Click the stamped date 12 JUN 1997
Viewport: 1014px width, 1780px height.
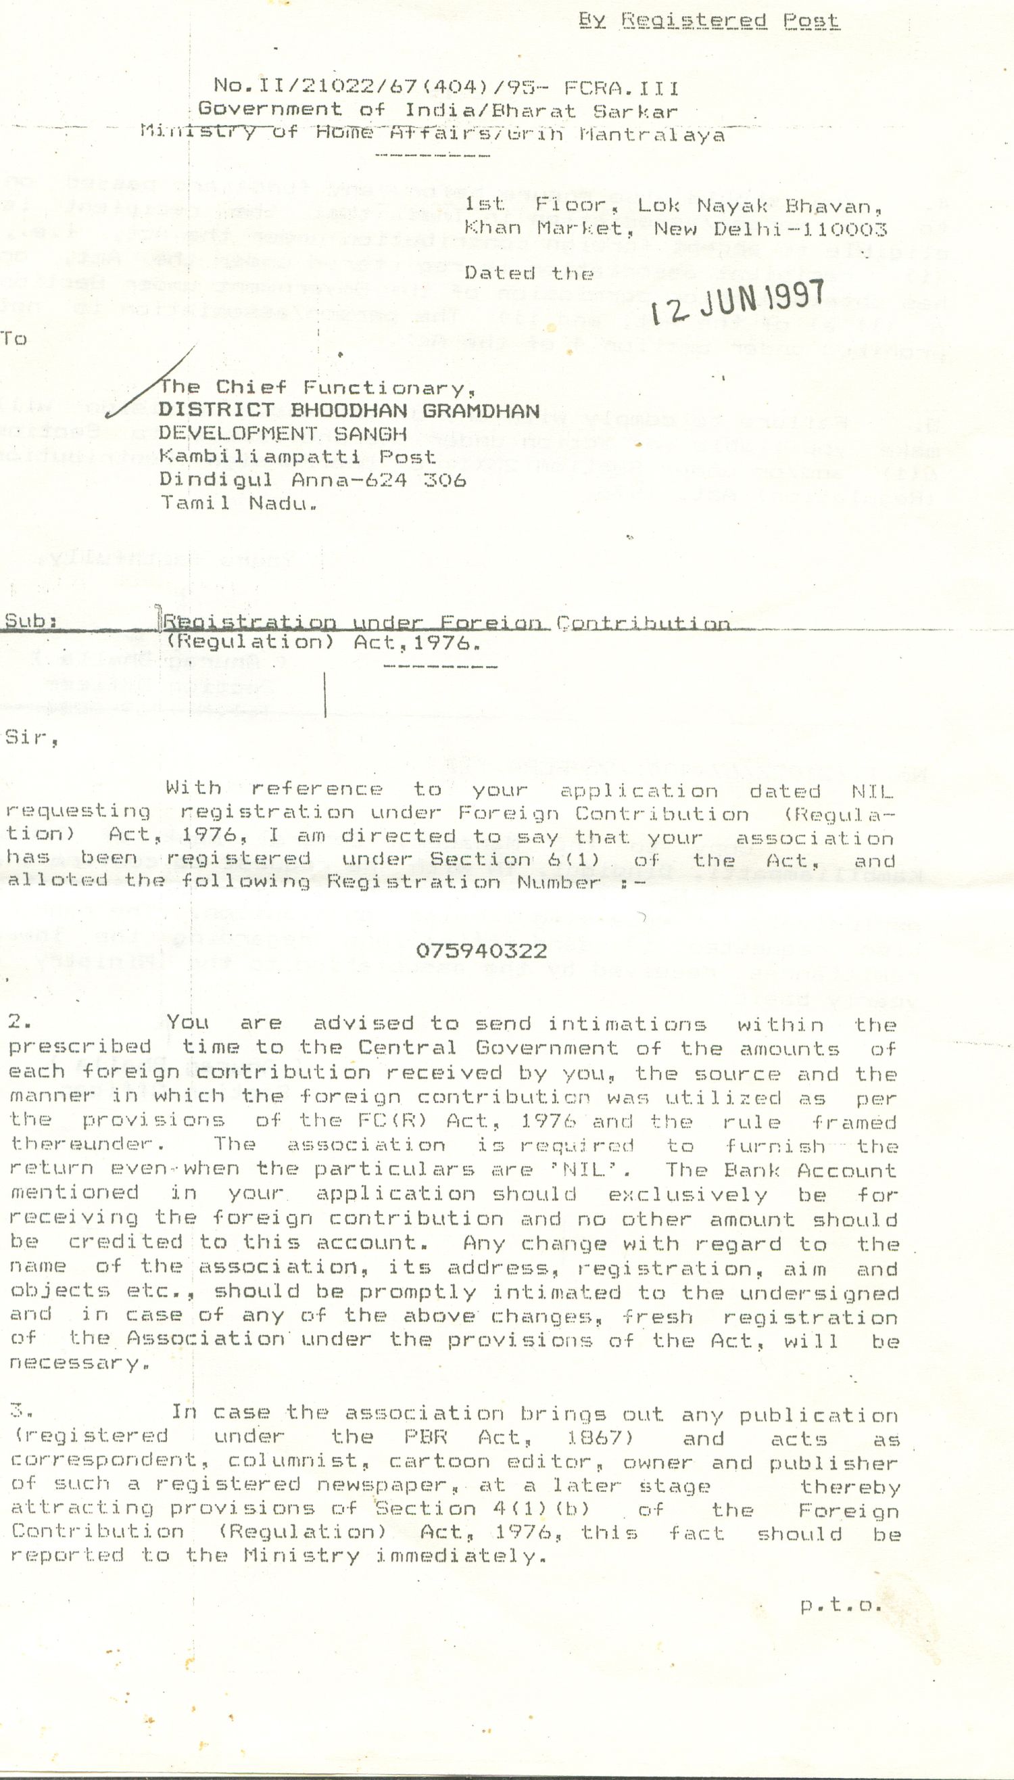tap(738, 302)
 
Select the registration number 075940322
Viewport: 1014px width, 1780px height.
tap(481, 951)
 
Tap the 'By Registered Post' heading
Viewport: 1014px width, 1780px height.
tap(709, 21)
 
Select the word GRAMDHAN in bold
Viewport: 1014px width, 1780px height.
tap(481, 411)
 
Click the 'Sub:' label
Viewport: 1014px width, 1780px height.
tap(30, 621)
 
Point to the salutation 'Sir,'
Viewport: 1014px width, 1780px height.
tap(31, 738)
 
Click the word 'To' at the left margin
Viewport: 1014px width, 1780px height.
tap(14, 339)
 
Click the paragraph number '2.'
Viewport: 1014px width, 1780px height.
tap(20, 1022)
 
